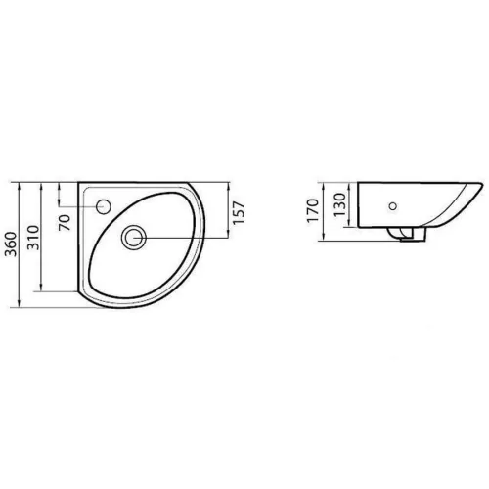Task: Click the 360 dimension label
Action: click(12, 244)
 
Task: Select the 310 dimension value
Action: click(33, 238)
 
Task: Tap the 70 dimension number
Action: click(65, 223)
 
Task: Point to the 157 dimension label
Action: click(239, 213)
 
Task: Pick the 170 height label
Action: click(313, 210)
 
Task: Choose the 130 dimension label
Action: click(339, 204)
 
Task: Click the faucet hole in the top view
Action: click(104, 206)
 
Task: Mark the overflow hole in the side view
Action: click(393, 206)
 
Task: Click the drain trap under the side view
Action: click(408, 234)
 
